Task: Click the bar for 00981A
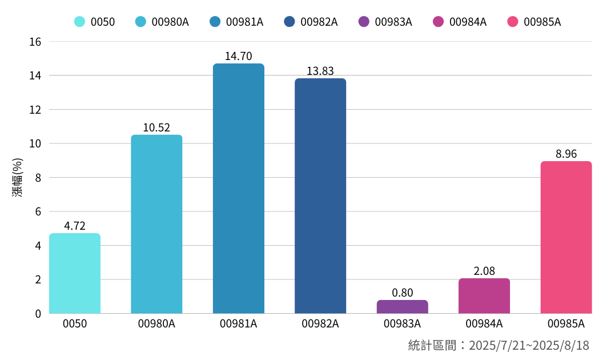(x=239, y=189)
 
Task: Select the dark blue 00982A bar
(x=320, y=196)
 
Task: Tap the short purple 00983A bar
(x=402, y=307)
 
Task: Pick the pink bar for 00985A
(x=566, y=237)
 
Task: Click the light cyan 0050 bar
(x=75, y=273)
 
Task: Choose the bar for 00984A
(x=484, y=296)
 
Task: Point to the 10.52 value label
(x=156, y=128)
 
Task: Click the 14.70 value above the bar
(x=239, y=57)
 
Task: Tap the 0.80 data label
(x=402, y=293)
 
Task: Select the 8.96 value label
(x=566, y=154)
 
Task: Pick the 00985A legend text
(x=542, y=22)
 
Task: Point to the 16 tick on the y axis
(x=35, y=42)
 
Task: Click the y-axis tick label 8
(x=38, y=178)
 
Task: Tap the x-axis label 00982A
(x=320, y=324)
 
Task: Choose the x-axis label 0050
(x=75, y=324)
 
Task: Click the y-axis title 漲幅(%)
(x=18, y=178)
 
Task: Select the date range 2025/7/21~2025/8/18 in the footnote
(x=529, y=346)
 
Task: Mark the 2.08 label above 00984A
(x=484, y=271)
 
